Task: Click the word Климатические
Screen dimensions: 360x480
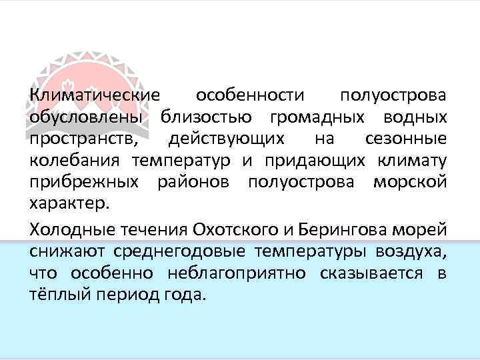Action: [95, 97]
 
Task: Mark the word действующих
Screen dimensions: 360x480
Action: [227, 141]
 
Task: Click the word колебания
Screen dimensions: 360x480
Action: [74, 162]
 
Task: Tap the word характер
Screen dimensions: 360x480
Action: [65, 205]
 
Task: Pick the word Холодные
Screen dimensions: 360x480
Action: [69, 229]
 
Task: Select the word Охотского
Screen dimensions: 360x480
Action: [234, 229]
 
